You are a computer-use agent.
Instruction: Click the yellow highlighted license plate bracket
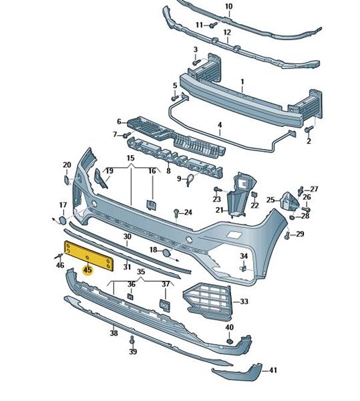coord(89,256)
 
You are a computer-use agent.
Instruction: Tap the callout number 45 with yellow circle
coord(87,270)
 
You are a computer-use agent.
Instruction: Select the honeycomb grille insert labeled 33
coord(208,301)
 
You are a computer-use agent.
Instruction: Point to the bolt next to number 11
coord(213,25)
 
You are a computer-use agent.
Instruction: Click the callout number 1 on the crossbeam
coord(242,82)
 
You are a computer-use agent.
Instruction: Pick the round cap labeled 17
coord(62,221)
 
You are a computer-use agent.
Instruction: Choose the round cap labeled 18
coord(167,253)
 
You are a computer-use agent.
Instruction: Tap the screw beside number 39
coord(132,340)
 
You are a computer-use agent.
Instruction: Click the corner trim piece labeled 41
coord(237,372)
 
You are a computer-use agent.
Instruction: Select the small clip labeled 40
coord(230,341)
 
